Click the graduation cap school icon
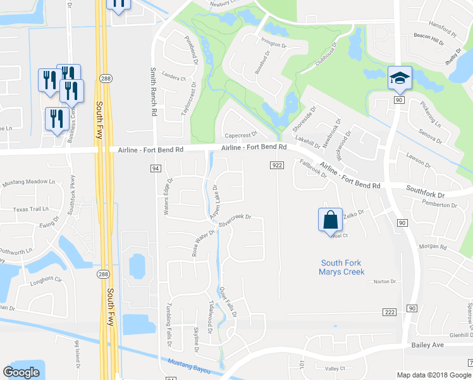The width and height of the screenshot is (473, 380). pos(399,78)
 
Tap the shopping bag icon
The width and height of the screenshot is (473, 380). pos(331,220)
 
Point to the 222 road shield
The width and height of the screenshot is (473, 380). pos(390,313)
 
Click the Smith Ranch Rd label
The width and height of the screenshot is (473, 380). pos(153,92)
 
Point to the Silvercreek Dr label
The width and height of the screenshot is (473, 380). pos(235,220)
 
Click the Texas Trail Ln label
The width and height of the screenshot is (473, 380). pos(31,208)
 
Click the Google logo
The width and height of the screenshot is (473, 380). pos(21,372)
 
